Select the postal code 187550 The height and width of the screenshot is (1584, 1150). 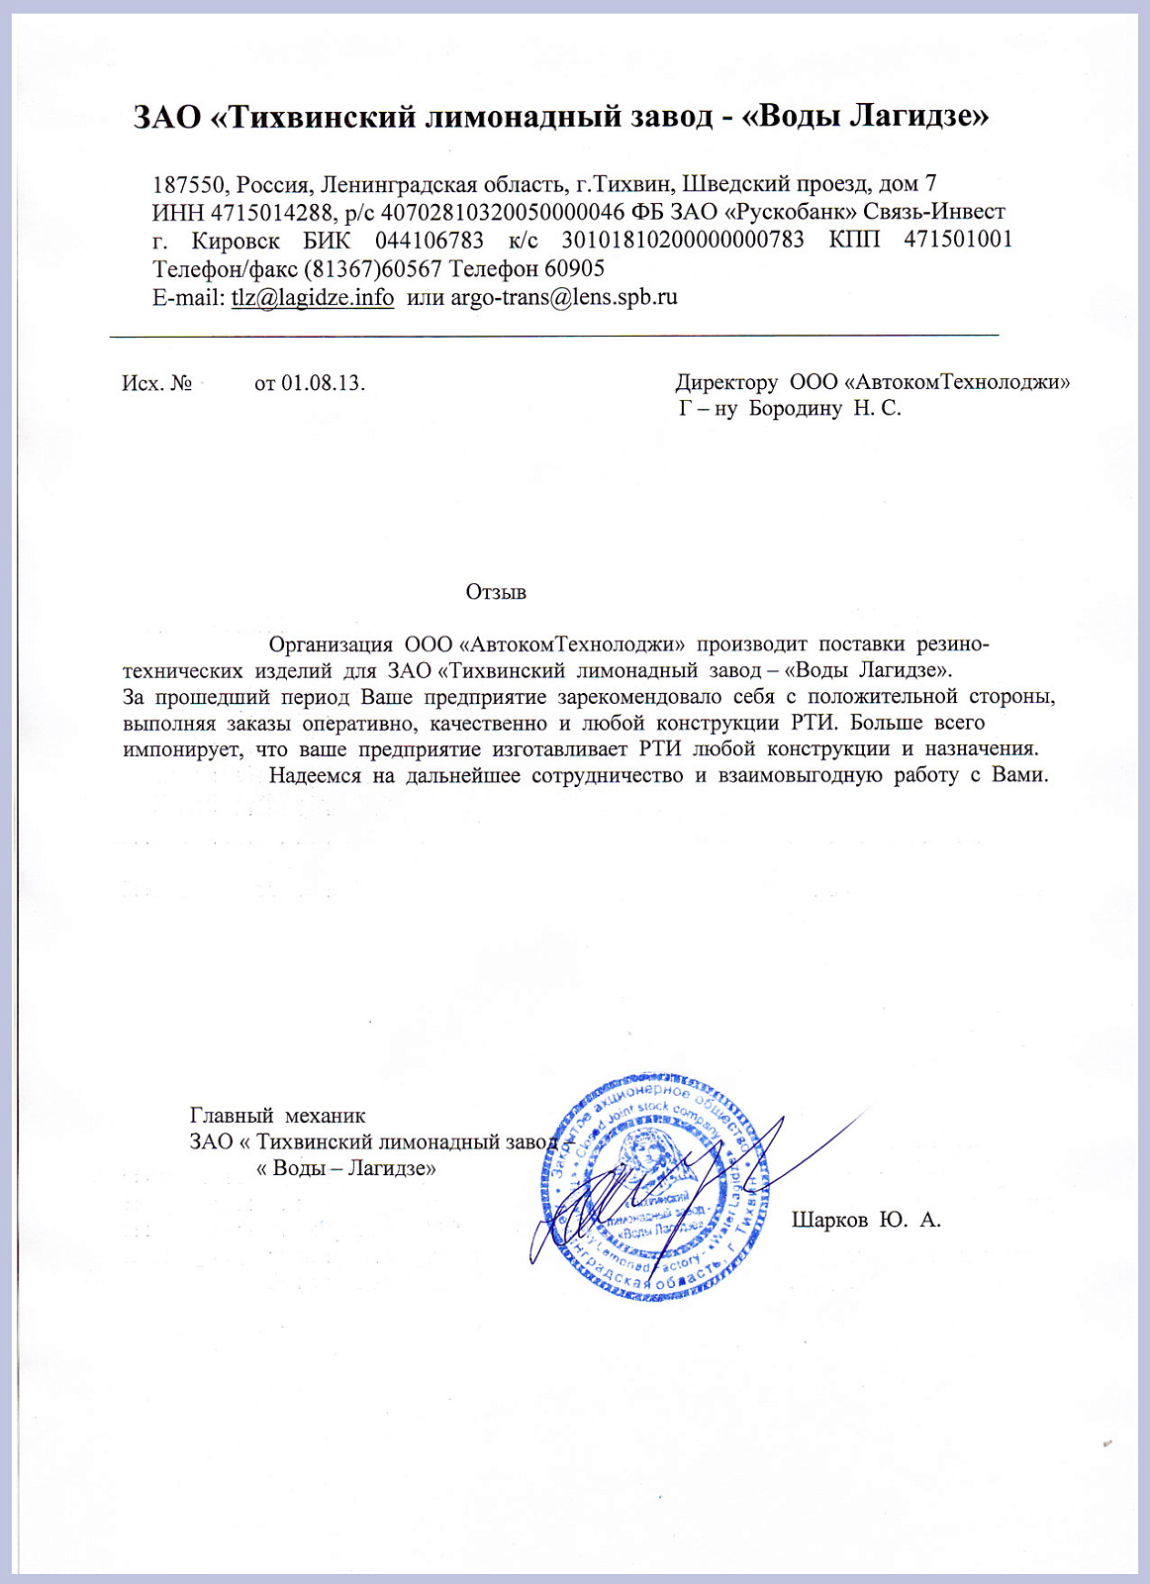coord(191,184)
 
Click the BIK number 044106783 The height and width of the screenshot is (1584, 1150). coord(430,241)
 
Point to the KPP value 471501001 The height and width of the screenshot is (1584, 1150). coord(958,241)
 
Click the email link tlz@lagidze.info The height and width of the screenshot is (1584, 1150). coord(313,298)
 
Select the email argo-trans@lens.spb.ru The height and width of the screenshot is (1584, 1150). coord(564,298)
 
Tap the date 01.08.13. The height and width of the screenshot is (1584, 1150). coord(323,383)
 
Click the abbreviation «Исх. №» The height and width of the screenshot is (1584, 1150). coord(156,383)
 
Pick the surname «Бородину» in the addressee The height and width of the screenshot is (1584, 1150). coord(796,408)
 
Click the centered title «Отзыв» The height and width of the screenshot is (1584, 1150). coord(496,593)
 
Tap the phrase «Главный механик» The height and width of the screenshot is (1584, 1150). coord(278,1117)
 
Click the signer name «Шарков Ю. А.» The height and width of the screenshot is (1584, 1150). coord(866,1220)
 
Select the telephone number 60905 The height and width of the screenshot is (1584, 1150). coord(575,269)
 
